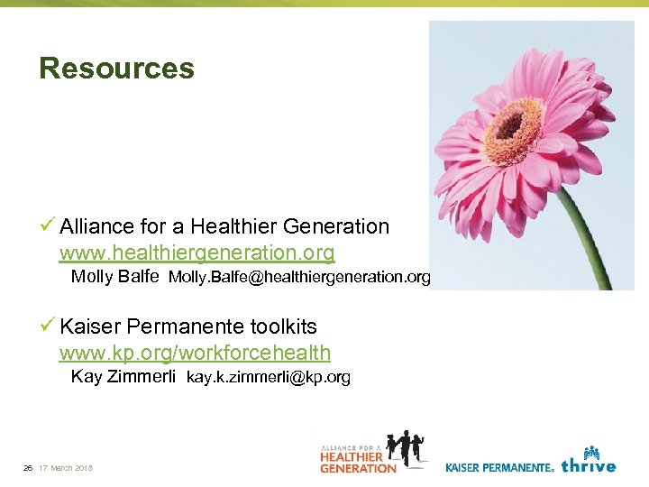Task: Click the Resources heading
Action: [x=116, y=69]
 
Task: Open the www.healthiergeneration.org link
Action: [x=197, y=252]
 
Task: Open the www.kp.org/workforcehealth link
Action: [x=195, y=353]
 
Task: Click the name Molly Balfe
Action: [x=114, y=276]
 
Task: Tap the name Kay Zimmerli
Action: [x=123, y=377]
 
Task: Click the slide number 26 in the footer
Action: [x=28, y=468]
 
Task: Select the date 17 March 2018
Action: [x=66, y=468]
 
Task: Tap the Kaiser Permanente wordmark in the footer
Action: [x=499, y=467]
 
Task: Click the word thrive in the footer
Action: [x=588, y=466]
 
